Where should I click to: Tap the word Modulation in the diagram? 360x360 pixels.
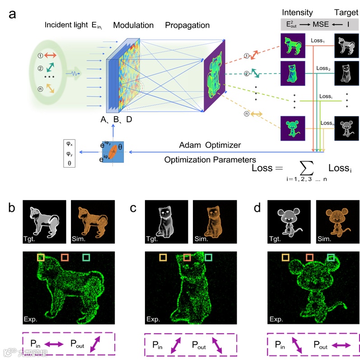click(x=132, y=25)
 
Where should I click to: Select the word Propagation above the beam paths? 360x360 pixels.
click(x=187, y=25)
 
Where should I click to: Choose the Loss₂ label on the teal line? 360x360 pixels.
click(x=323, y=68)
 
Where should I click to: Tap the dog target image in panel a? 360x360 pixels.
click(x=346, y=46)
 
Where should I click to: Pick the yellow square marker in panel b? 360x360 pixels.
click(x=41, y=257)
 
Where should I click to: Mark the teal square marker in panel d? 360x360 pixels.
click(x=331, y=257)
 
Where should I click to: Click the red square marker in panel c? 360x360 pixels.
click(x=187, y=257)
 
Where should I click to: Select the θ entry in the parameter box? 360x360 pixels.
click(x=69, y=161)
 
